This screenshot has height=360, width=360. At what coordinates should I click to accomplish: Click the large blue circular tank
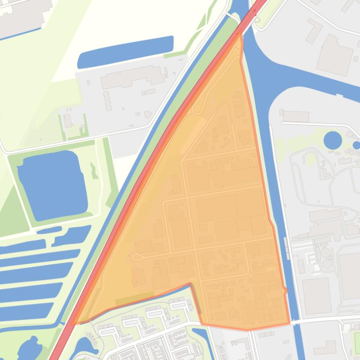(333, 140)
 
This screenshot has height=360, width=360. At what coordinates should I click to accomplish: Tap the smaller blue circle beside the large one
(356, 145)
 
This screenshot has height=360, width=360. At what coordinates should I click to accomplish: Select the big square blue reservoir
(51, 186)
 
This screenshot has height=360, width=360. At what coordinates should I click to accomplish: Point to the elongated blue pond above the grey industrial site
(125, 51)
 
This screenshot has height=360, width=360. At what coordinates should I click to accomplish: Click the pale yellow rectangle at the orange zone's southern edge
(134, 298)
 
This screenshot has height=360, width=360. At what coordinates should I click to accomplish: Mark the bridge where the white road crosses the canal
(295, 322)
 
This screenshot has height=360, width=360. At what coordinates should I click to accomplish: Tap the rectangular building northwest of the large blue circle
(296, 115)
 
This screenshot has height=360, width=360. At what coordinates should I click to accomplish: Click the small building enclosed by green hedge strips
(68, 121)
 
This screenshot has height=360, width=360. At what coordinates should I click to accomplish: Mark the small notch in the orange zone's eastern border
(285, 291)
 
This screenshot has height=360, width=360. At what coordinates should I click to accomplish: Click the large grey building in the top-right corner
(335, 55)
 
